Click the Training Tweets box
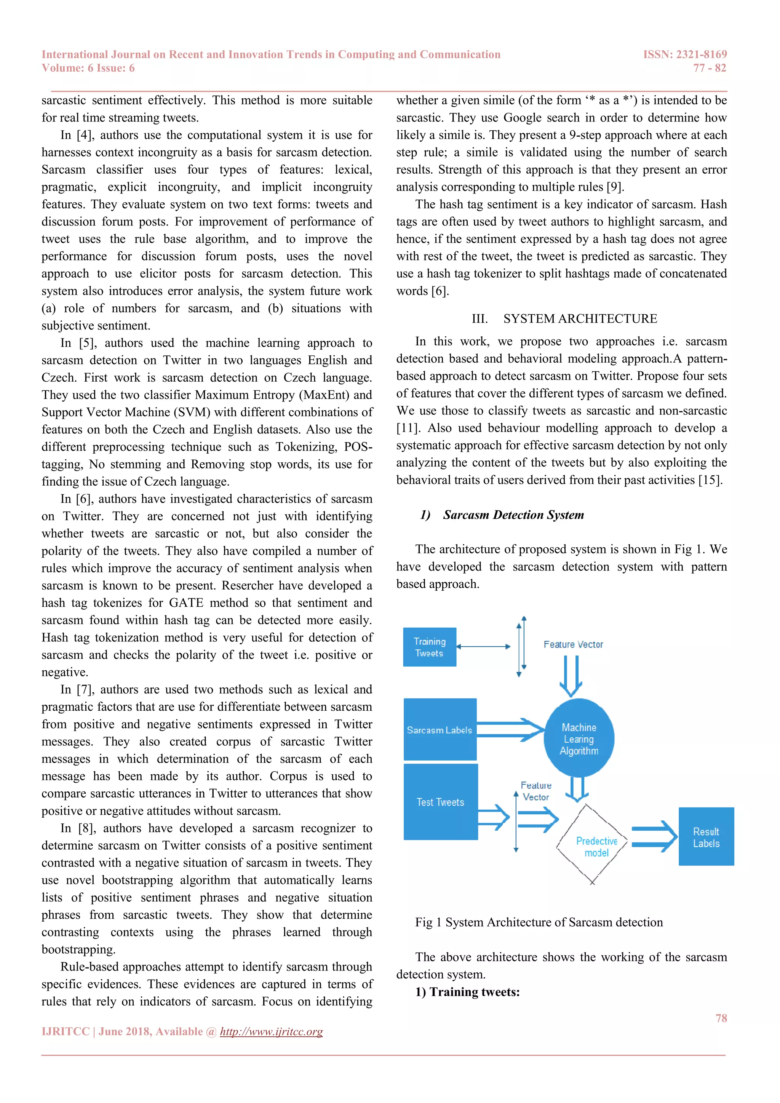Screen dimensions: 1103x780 coord(429,647)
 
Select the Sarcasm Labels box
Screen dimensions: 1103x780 coord(440,729)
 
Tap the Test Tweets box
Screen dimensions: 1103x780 coord(440,802)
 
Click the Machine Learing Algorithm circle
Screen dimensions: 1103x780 coord(579,739)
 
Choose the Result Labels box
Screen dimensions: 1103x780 coord(706,836)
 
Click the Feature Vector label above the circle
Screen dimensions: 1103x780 coord(573,644)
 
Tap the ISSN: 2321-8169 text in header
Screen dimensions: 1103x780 coord(685,54)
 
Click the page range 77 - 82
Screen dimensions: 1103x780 coord(710,68)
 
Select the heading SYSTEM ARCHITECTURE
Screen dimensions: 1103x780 coord(580,318)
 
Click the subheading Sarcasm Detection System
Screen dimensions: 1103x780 coord(513,515)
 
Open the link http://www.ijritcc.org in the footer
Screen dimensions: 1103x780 coord(272,1031)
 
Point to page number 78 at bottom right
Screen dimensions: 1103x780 coord(721,1018)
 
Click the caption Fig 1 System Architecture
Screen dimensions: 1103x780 coord(539,922)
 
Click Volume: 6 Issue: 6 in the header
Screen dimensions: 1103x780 coord(88,68)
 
